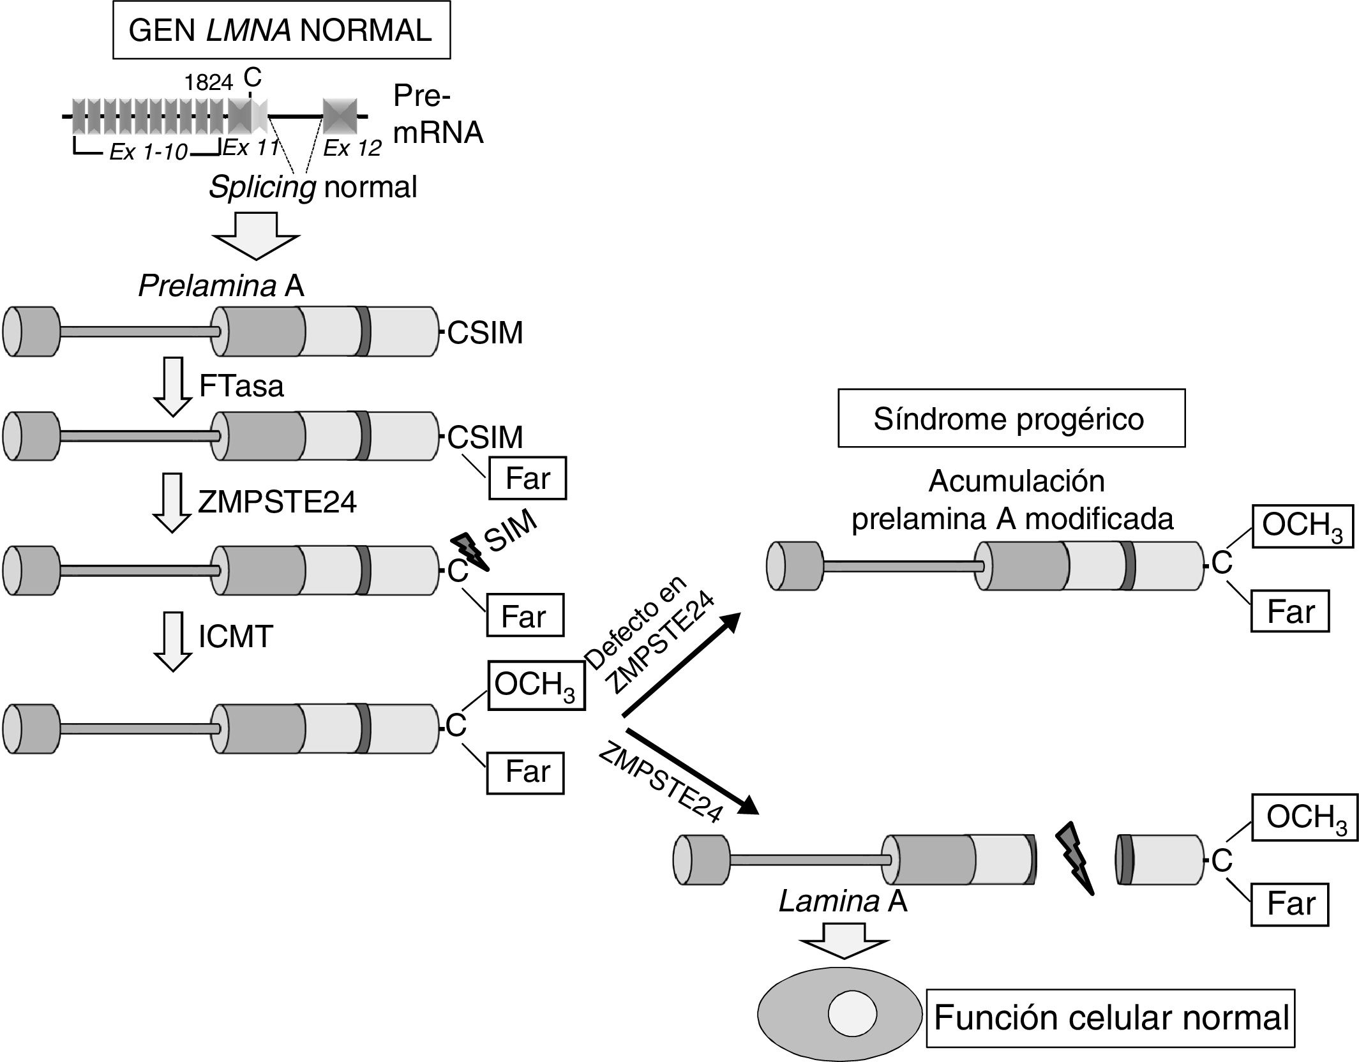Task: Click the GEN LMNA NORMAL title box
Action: coord(281,31)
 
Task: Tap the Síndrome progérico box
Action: coord(1011,419)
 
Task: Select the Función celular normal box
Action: coord(1111,1017)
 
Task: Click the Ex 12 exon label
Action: coord(352,149)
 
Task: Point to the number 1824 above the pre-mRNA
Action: coord(209,83)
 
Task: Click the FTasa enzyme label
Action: coord(241,387)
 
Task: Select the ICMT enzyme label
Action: coord(236,636)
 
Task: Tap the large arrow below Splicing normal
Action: coord(256,236)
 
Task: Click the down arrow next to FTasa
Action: coord(172,387)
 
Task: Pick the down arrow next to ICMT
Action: coord(172,641)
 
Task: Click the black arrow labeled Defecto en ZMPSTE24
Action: coord(680,664)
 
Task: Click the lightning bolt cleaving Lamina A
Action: coord(1077,858)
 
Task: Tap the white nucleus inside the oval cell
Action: coord(852,1013)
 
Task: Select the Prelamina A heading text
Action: coord(221,287)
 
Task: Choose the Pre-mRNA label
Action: coord(438,115)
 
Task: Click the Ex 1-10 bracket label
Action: coord(149,152)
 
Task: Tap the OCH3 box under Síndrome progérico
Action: coord(1302,526)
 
